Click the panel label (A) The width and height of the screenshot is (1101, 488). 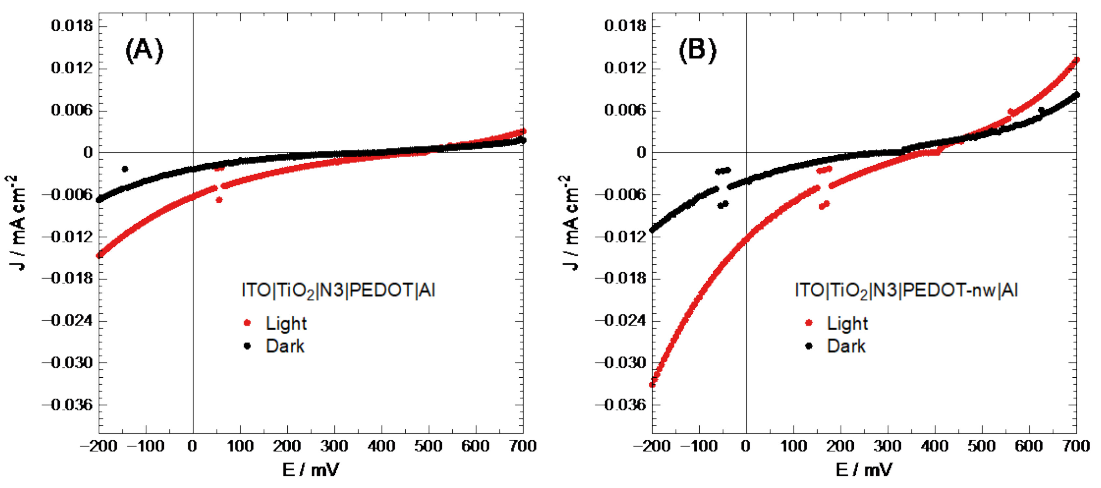(x=144, y=50)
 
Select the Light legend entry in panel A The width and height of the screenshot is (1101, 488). (x=285, y=323)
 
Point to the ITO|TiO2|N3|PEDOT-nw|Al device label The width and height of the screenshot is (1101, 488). (x=906, y=291)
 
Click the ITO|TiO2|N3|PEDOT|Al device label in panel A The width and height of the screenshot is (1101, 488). (x=338, y=291)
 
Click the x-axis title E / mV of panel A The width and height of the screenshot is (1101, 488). (x=311, y=470)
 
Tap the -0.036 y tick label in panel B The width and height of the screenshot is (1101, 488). (x=621, y=405)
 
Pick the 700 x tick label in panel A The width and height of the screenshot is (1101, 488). (x=523, y=447)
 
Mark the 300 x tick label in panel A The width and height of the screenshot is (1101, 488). (x=334, y=447)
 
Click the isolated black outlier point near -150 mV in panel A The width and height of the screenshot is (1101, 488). (x=125, y=169)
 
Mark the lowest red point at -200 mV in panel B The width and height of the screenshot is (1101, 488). (x=652, y=385)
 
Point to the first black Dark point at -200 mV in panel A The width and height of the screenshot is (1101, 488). (x=99, y=199)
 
